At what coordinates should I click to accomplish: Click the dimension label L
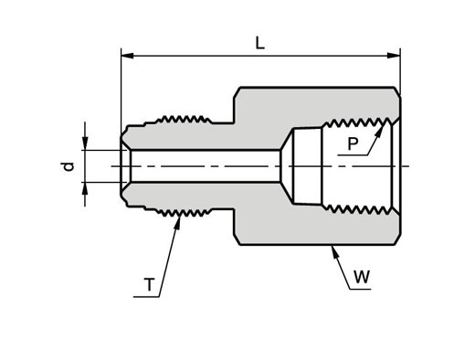coord(259,44)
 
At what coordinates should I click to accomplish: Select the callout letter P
coord(353,143)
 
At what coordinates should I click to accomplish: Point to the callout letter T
coord(149,285)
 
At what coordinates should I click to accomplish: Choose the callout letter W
coord(362,277)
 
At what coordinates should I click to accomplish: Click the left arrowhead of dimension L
coord(127,56)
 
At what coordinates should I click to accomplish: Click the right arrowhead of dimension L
coord(394,56)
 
